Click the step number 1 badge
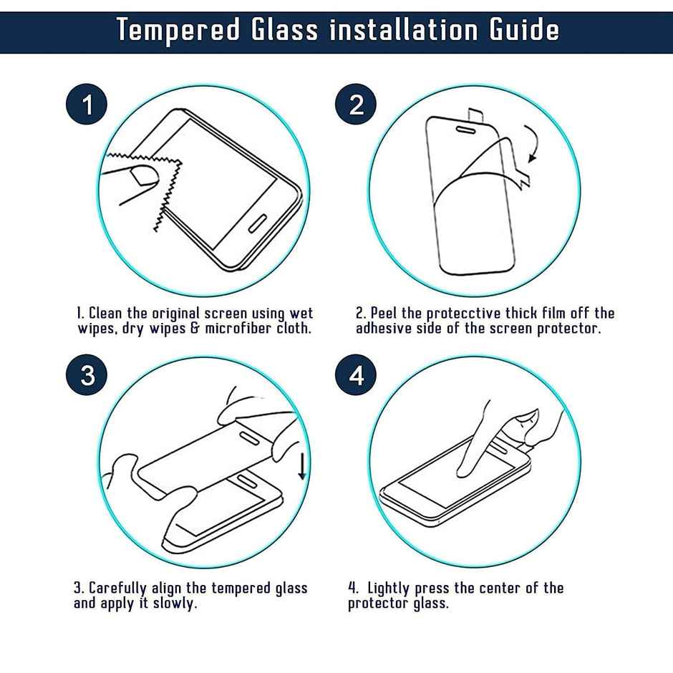[x=87, y=105]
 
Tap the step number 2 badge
[x=357, y=105]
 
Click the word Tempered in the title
[x=178, y=30]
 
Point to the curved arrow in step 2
[x=531, y=144]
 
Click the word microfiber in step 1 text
[x=240, y=329]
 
